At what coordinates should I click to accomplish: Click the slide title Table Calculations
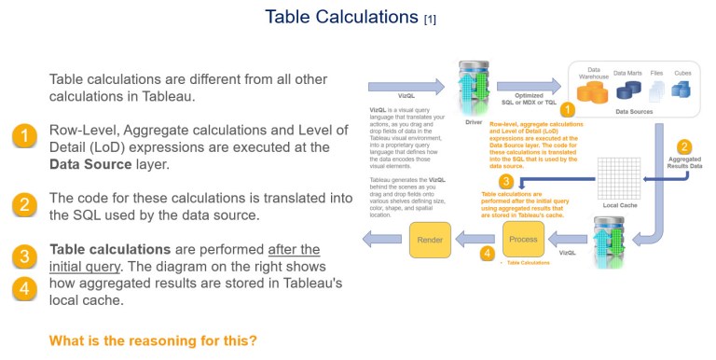pos(342,17)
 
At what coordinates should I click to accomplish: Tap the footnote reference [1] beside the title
pos(430,20)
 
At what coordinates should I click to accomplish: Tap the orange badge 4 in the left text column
pos(24,289)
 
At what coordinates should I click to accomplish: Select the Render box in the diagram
pos(430,240)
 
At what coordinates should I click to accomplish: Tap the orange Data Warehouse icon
pos(592,90)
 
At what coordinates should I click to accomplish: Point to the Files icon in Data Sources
pos(656,90)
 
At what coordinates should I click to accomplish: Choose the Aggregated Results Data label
pos(685,164)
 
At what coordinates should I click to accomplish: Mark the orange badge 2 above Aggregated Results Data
pos(684,146)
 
